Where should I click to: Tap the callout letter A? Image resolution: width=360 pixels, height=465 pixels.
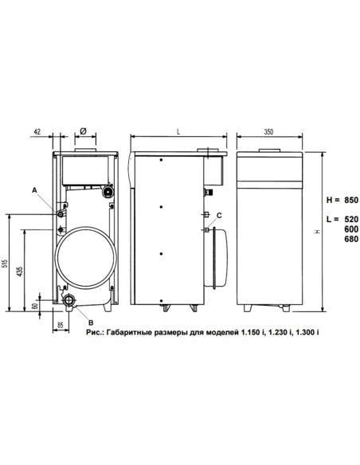tap(34, 190)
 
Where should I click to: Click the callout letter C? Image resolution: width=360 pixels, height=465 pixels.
tap(219, 216)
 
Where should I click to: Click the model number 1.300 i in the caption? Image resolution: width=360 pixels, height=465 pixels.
tap(307, 330)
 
